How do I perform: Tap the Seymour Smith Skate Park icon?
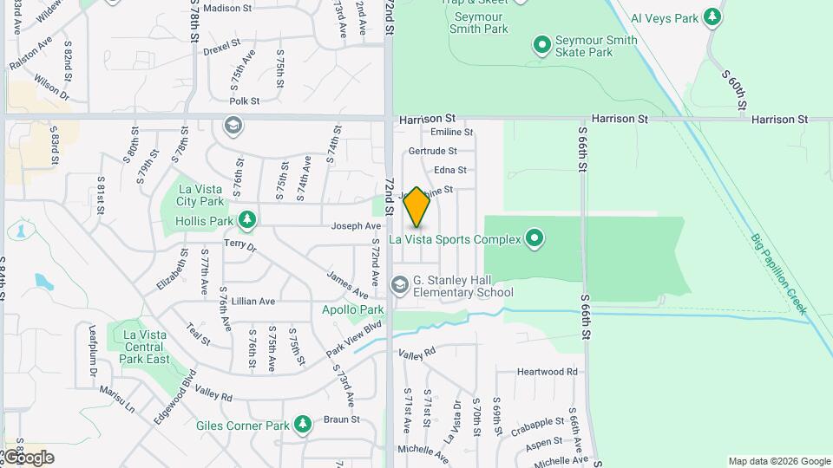pos(542,43)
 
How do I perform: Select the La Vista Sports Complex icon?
pos(535,238)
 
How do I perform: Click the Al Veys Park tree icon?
pos(712,16)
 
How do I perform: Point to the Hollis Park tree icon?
pos(247,221)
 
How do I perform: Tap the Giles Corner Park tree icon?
pos(302,425)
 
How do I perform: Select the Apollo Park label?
pos(352,309)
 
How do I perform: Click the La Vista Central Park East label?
pos(145,347)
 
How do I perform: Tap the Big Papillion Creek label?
pos(778,272)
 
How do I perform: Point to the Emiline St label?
pos(452,133)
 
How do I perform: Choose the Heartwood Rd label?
pos(547,372)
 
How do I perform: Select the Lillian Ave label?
pos(253,301)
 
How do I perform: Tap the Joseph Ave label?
pos(356,226)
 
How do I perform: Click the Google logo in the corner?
pos(28,457)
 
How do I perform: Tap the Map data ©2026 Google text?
pos(778,461)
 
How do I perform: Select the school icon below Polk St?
pos(232,127)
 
